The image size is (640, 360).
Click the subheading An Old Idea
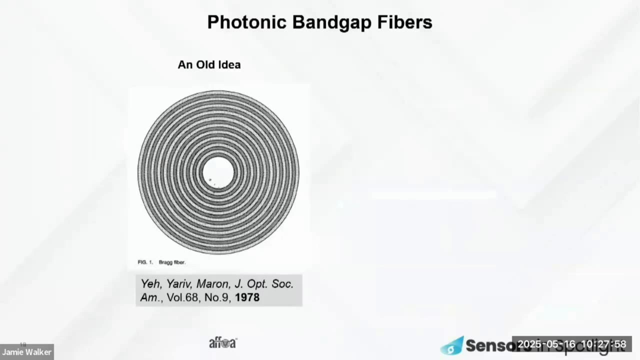[x=209, y=64]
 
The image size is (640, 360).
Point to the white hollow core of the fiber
[x=218, y=172]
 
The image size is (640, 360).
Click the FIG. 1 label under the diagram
[x=145, y=262]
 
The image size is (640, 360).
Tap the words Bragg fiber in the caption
[x=172, y=262]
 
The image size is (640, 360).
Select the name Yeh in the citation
[x=150, y=284]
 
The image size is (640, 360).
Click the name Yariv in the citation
[x=178, y=284]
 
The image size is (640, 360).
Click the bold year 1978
[x=247, y=297]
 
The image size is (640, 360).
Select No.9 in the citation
[x=216, y=297]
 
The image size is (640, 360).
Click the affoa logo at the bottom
[x=222, y=343]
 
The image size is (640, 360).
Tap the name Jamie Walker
[x=26, y=352]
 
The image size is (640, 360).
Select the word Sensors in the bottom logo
[x=492, y=344]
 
